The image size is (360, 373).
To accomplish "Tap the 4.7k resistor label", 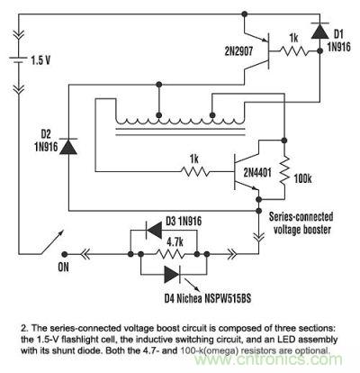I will pos(176,241).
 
